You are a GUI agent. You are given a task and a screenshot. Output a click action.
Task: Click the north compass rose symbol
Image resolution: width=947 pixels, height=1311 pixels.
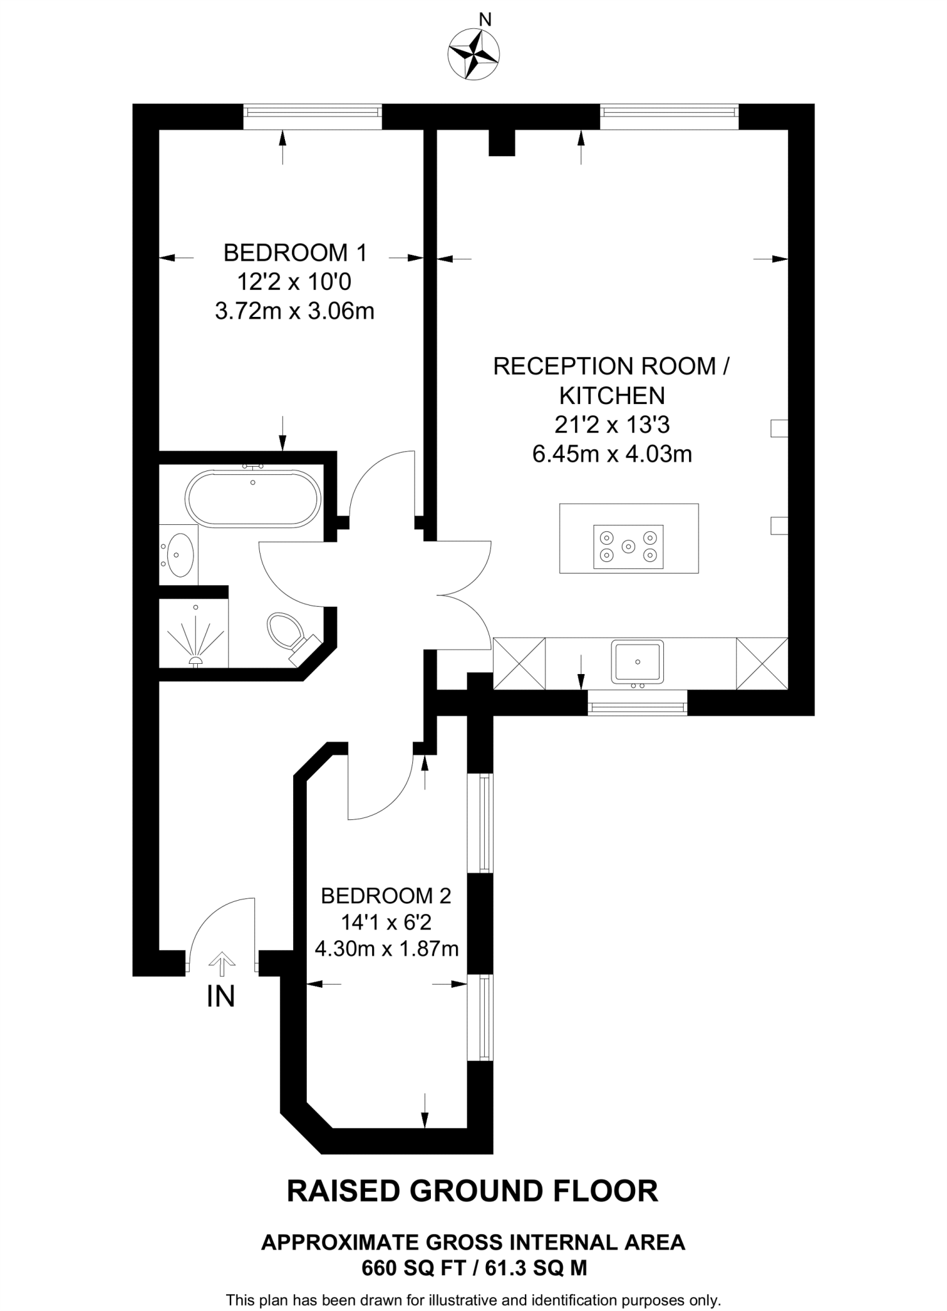tap(474, 55)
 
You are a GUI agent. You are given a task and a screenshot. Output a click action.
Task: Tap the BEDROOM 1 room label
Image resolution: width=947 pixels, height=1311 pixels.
tap(295, 253)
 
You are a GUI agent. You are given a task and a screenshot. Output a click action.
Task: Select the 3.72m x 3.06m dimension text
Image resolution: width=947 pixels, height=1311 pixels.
tap(295, 311)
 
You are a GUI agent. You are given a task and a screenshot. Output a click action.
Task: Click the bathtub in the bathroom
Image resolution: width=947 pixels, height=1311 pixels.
tap(253, 498)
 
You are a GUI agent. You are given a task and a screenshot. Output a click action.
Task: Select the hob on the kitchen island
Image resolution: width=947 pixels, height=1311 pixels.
tap(629, 547)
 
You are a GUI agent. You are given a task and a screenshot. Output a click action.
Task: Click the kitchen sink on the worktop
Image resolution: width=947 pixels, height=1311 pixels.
tap(637, 662)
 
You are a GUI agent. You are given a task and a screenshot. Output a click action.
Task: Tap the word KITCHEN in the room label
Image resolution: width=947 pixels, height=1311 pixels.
tap(612, 396)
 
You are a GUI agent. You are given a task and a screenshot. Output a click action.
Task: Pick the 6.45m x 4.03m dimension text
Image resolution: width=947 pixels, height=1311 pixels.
tap(612, 454)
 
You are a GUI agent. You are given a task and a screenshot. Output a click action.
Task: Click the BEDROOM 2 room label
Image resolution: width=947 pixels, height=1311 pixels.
tap(386, 896)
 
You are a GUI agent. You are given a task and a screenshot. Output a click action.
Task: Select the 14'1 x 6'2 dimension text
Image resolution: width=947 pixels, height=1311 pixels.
tap(386, 922)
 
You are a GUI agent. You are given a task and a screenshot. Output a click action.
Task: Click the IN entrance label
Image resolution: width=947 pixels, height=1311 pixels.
tap(221, 996)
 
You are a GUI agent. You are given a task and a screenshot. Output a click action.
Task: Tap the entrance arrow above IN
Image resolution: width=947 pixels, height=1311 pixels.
tap(222, 963)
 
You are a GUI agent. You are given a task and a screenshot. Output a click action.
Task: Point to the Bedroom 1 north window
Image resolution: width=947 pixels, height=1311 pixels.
tap(312, 117)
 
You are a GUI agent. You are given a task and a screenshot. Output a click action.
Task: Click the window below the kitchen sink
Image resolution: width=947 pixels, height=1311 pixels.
tap(637, 703)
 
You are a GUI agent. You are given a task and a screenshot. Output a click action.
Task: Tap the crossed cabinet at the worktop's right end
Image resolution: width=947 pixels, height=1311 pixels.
tap(762, 663)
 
